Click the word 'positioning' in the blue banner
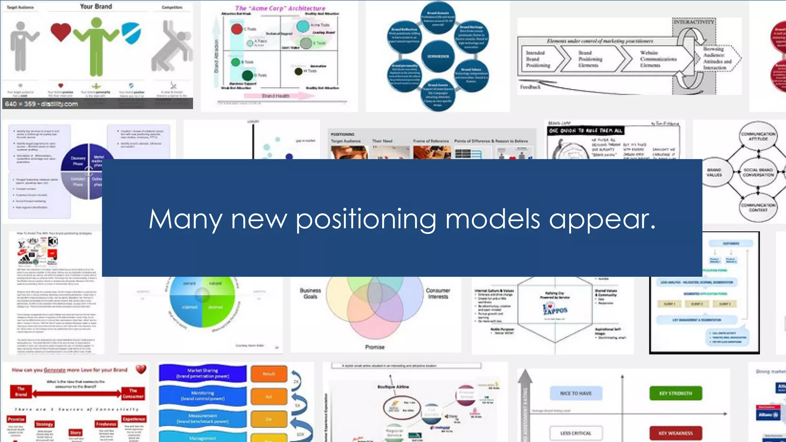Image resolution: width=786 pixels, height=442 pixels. pyautogui.click(x=369, y=219)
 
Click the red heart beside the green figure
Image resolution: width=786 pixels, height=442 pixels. pyautogui.click(x=61, y=32)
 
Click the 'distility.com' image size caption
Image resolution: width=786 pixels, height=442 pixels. pyautogui.click(x=41, y=104)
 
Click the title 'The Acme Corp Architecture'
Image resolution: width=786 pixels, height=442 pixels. pyautogui.click(x=280, y=8)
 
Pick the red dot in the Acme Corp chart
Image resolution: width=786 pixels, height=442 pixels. pyautogui.click(x=237, y=29)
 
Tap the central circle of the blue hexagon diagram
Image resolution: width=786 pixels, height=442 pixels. pyautogui.click(x=438, y=56)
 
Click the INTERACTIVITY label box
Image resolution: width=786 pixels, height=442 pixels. pyautogui.click(x=694, y=22)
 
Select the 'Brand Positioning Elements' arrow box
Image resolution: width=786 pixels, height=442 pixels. pyautogui.click(x=590, y=59)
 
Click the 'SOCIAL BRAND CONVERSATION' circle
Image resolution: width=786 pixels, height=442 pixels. pyautogui.click(x=758, y=172)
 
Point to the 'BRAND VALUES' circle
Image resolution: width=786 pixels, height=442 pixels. pyautogui.click(x=714, y=172)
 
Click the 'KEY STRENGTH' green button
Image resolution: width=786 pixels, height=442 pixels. pyautogui.click(x=675, y=393)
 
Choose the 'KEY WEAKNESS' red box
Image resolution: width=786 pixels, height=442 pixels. pyautogui.click(x=675, y=433)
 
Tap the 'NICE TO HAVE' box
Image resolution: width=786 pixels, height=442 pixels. pyautogui.click(x=576, y=393)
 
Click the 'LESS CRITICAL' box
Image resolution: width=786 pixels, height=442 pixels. pyautogui.click(x=576, y=433)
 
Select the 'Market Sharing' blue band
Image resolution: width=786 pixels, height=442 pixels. pyautogui.click(x=202, y=373)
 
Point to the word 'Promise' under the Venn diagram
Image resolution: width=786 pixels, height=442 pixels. pyautogui.click(x=375, y=347)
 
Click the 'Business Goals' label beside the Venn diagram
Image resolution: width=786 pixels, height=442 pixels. pyautogui.click(x=310, y=294)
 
